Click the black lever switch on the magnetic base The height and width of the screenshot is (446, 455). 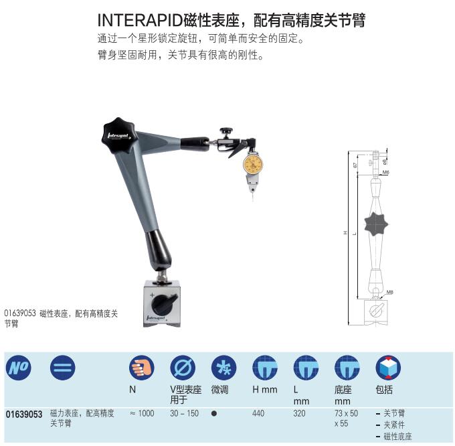pos(163,304)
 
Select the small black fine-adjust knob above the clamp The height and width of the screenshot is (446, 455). pos(226,131)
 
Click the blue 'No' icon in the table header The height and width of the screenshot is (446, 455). pos(19,368)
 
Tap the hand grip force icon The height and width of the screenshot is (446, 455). pos(142,368)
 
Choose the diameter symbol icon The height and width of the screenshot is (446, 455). pos(183,368)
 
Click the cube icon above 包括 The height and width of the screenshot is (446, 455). pos(388,368)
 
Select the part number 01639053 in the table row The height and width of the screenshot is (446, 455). pos(24,415)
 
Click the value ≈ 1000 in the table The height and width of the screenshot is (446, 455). pos(142,413)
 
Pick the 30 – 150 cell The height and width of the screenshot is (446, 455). pos(184,413)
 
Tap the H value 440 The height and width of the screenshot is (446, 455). pos(258,413)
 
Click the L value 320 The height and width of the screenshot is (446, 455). pos(300,413)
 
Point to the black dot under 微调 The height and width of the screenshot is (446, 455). pos(214,413)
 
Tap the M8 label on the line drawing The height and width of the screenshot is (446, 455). pos(389,292)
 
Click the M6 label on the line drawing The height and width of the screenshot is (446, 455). pos(385,173)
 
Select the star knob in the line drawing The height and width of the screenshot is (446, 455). pos(376,224)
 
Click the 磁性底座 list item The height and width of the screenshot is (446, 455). pos(397,437)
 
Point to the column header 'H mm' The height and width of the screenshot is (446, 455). pos(265,390)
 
